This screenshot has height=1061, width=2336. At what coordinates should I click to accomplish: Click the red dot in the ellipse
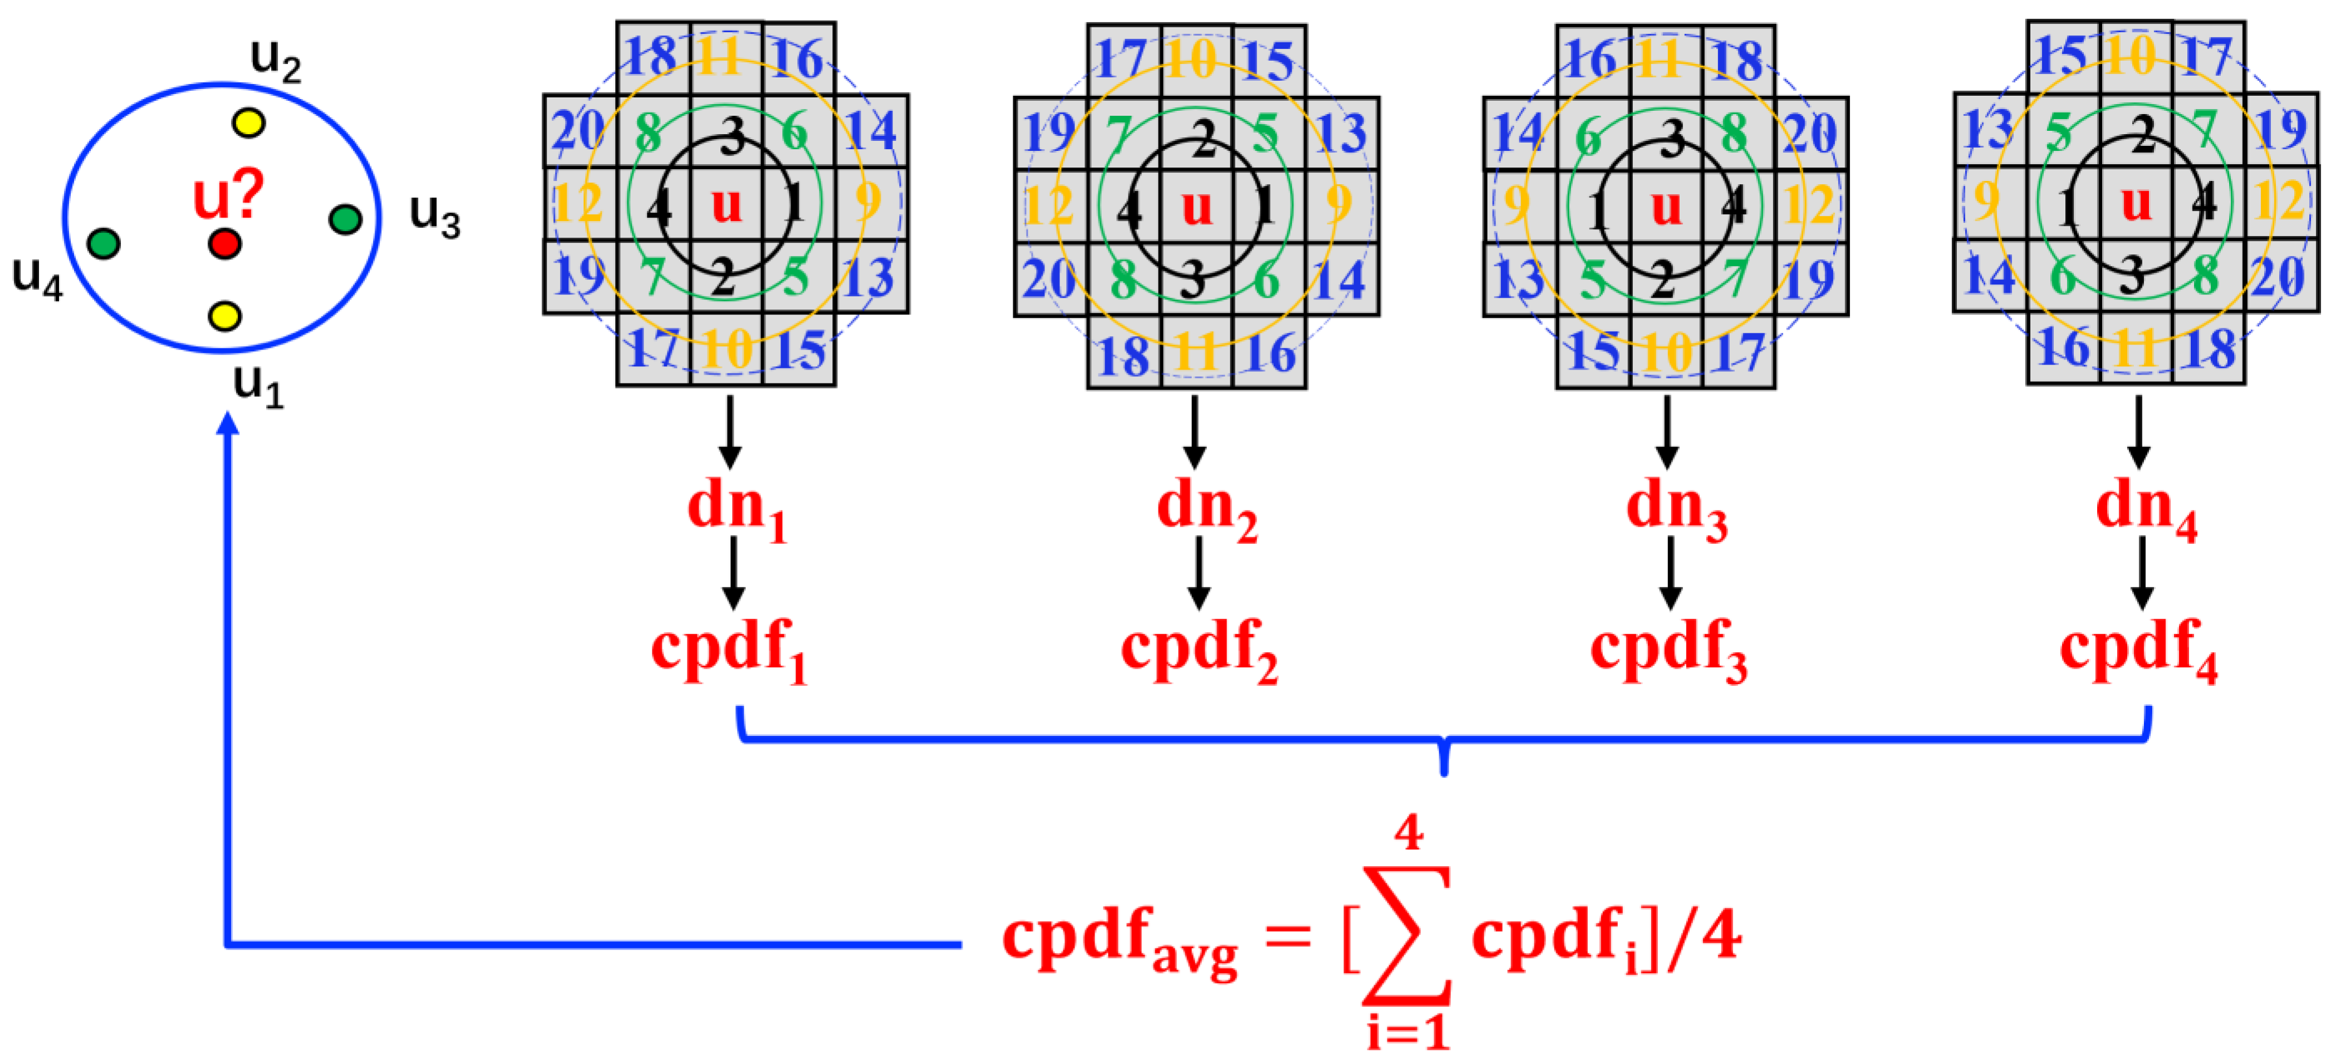click(x=224, y=243)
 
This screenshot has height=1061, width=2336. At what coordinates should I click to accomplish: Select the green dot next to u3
click(x=346, y=219)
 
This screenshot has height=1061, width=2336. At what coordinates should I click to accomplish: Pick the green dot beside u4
click(x=104, y=243)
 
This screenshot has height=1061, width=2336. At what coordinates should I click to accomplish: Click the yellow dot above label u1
click(x=225, y=316)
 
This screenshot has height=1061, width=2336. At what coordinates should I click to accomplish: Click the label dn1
click(x=737, y=508)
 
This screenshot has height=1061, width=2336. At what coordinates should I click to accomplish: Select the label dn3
click(x=1676, y=508)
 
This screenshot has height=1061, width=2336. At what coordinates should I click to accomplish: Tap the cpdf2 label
click(x=1199, y=649)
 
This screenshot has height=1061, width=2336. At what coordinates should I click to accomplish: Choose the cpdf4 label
click(x=2138, y=649)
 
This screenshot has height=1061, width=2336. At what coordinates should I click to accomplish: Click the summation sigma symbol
click(x=1406, y=934)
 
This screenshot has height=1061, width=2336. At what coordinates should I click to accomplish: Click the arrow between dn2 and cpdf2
click(x=1199, y=573)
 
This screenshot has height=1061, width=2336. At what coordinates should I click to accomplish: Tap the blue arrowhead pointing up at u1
click(x=228, y=424)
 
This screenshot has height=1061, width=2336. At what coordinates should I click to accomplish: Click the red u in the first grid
click(x=727, y=204)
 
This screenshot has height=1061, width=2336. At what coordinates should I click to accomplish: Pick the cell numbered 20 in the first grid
click(x=580, y=131)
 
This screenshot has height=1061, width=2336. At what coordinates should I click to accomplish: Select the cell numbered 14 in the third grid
click(x=1519, y=133)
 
